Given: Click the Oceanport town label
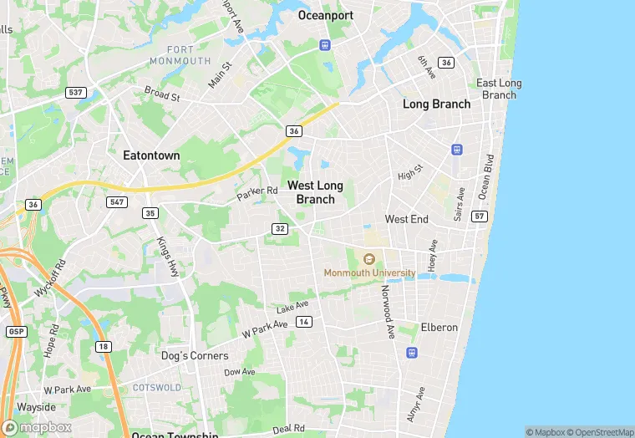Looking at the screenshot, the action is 326,15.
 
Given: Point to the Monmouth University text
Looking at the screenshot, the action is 369,272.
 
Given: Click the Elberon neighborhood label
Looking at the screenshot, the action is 439,327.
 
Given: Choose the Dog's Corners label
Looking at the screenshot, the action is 195,355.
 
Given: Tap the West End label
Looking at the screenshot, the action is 406,219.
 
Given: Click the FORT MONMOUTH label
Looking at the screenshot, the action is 180,55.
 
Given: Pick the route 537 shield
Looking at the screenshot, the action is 74,92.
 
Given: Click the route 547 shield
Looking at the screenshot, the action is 116,202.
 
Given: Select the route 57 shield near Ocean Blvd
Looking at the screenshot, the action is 479,216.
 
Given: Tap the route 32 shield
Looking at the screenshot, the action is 280,229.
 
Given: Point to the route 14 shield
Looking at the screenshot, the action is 304,322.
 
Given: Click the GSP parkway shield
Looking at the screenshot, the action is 15,331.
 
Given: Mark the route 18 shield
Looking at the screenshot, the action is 103,345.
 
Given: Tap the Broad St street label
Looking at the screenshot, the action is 162,93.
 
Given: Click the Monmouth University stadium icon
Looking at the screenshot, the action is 370,257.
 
